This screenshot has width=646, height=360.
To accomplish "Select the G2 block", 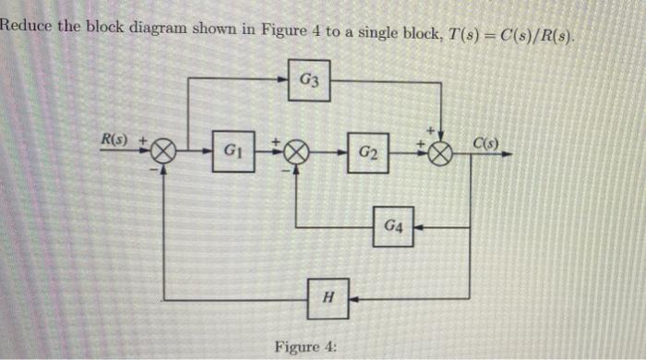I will [368, 150].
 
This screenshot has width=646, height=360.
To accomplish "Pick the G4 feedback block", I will [393, 225].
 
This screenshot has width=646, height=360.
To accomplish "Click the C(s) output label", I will [486, 142].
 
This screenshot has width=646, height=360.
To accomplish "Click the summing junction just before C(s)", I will [441, 151].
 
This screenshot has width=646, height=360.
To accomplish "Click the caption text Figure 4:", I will [305, 346].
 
